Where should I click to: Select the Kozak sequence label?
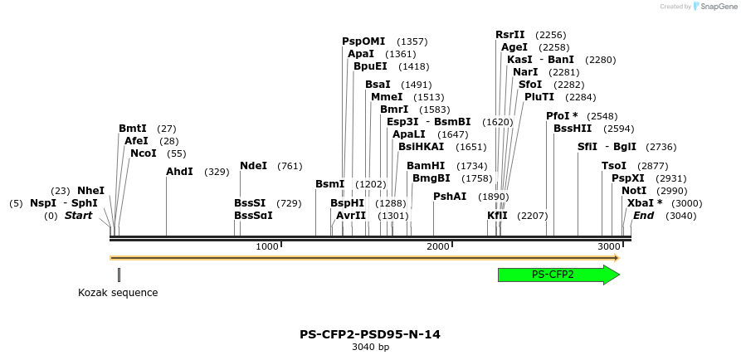tap(118, 293)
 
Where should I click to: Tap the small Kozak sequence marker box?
tap(119, 275)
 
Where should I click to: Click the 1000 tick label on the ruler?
tap(266, 247)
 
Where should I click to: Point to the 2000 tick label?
tap(437, 247)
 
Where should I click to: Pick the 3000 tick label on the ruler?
tap(608, 247)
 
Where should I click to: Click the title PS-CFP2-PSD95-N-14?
tap(370, 334)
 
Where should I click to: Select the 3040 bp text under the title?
tap(370, 348)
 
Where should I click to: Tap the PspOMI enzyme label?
tap(363, 41)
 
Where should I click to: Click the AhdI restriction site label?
tap(179, 172)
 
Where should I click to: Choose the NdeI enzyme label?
tap(253, 166)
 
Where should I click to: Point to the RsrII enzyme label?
tap(510, 35)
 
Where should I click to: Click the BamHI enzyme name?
tap(426, 166)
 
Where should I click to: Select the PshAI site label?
tap(450, 197)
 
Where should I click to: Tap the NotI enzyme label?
tap(634, 191)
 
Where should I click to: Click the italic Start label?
tap(78, 216)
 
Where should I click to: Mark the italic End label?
tap(644, 216)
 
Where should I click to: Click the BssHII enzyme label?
tap(573, 129)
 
